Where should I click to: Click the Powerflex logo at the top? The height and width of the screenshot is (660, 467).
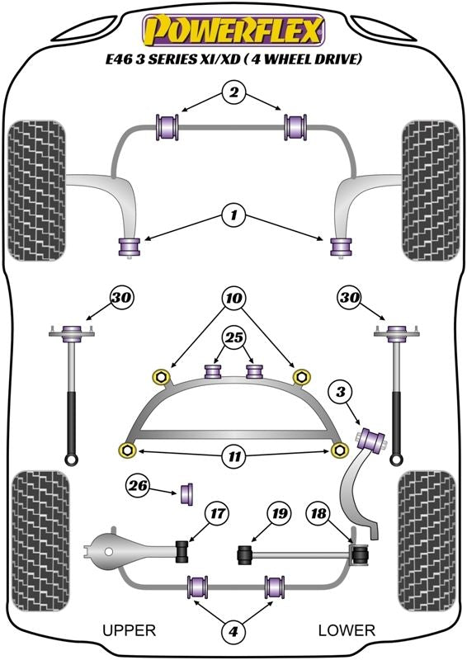(x=233, y=31)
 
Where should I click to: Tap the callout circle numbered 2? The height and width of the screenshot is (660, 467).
(x=233, y=92)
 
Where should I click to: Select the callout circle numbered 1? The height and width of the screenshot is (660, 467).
(x=233, y=216)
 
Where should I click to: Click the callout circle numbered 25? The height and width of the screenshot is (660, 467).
(x=234, y=337)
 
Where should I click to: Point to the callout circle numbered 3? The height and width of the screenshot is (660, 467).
(x=340, y=393)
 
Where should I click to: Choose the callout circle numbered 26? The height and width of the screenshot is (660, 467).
(x=138, y=486)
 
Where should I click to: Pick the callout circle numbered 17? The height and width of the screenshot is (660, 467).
(x=217, y=513)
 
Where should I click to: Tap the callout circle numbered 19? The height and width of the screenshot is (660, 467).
(x=280, y=513)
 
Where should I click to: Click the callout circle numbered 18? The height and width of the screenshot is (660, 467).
(x=318, y=513)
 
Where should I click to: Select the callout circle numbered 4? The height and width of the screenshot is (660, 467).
(x=233, y=631)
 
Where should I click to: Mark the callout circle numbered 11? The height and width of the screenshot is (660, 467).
(x=234, y=456)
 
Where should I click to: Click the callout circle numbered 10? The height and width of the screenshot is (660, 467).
(x=234, y=299)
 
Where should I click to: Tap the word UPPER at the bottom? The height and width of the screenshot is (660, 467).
(x=130, y=630)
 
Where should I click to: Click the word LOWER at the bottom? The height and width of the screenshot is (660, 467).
(x=347, y=630)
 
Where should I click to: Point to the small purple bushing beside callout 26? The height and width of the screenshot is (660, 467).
(x=187, y=493)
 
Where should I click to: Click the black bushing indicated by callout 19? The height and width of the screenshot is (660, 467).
(x=245, y=555)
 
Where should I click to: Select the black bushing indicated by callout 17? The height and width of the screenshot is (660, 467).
(x=182, y=551)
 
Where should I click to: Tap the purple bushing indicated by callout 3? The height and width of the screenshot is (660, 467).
(x=372, y=439)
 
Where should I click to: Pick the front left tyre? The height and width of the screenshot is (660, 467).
(x=37, y=191)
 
